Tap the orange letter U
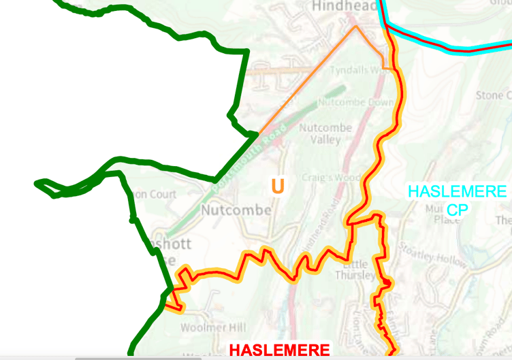[x=277, y=186]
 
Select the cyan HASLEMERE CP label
[x=458, y=200]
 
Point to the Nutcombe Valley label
[x=324, y=133]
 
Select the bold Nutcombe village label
[x=236, y=210]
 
